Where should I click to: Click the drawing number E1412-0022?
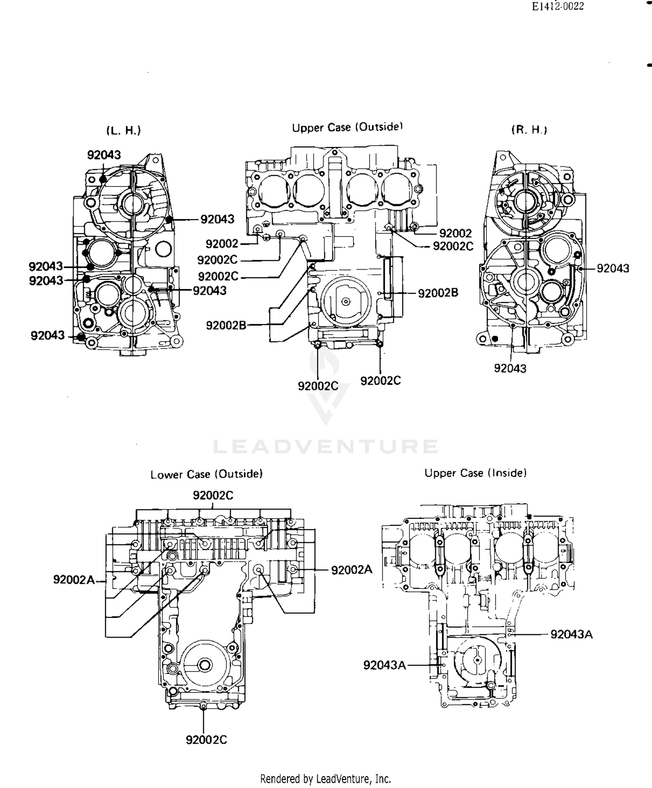point(558,7)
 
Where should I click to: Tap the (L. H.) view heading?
point(123,130)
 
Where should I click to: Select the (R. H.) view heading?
point(529,130)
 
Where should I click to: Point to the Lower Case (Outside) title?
point(206,474)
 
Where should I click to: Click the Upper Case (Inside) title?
point(476,473)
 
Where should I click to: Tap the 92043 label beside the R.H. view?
point(612,268)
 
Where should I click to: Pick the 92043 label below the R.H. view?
point(510,369)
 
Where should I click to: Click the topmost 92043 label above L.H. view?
point(104,155)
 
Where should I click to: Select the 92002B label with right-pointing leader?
point(438,293)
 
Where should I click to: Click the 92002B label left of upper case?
point(226,325)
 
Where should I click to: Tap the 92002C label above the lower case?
point(213,495)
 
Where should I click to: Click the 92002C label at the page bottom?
point(206,740)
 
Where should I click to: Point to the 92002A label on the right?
point(352,570)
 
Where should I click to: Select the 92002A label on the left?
point(74,579)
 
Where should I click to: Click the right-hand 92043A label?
point(571,635)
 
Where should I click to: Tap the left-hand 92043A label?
point(384,665)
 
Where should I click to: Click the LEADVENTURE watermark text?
point(326,447)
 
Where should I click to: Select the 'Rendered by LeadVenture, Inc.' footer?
point(326,778)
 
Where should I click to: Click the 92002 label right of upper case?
point(455,233)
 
